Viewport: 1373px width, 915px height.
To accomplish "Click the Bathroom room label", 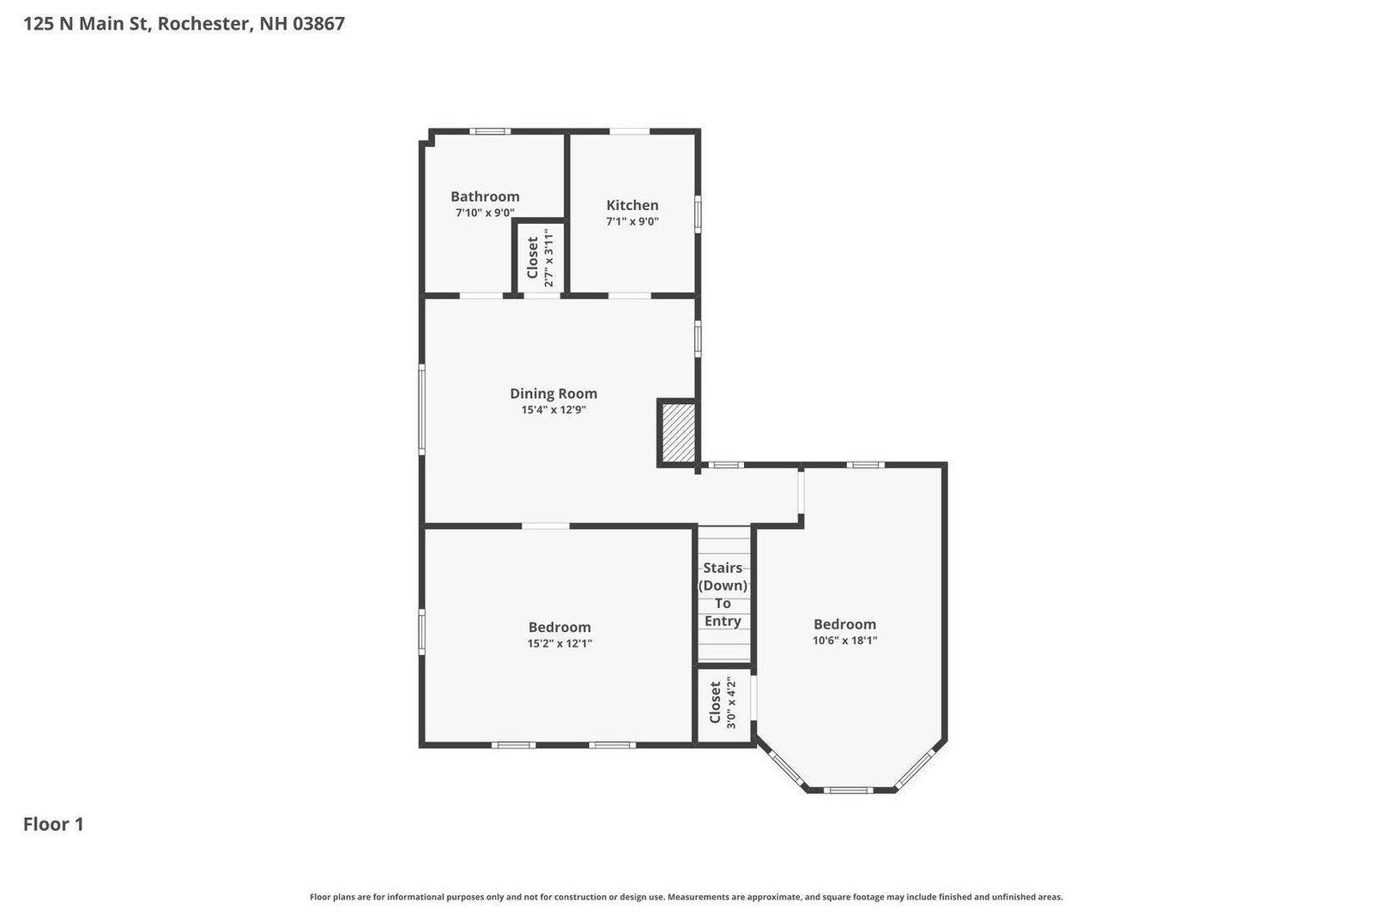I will (485, 196).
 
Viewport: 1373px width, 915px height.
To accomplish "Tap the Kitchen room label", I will (632, 205).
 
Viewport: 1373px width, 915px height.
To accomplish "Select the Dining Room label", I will (553, 394).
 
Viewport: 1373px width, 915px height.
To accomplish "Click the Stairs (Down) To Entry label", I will (723, 594).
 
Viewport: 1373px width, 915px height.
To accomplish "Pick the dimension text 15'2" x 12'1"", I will (559, 643).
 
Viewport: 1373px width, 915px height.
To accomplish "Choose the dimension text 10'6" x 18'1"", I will (844, 641).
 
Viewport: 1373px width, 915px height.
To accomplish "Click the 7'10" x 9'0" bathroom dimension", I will (485, 213).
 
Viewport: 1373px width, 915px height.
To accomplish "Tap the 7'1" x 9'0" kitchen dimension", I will (632, 221).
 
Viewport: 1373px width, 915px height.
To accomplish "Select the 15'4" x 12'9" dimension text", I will (553, 410).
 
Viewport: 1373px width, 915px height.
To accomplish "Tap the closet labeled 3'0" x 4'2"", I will (723, 705).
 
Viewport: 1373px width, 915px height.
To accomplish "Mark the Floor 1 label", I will (53, 824).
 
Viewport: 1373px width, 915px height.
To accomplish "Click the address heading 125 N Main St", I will (184, 24).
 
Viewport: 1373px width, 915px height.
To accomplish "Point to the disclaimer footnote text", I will (686, 897).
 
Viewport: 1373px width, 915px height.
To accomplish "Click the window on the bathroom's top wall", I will (490, 131).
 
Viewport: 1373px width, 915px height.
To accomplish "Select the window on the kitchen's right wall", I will (698, 214).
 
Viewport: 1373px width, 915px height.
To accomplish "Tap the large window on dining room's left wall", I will (422, 409).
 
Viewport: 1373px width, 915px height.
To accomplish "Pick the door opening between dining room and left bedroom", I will (546, 526).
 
